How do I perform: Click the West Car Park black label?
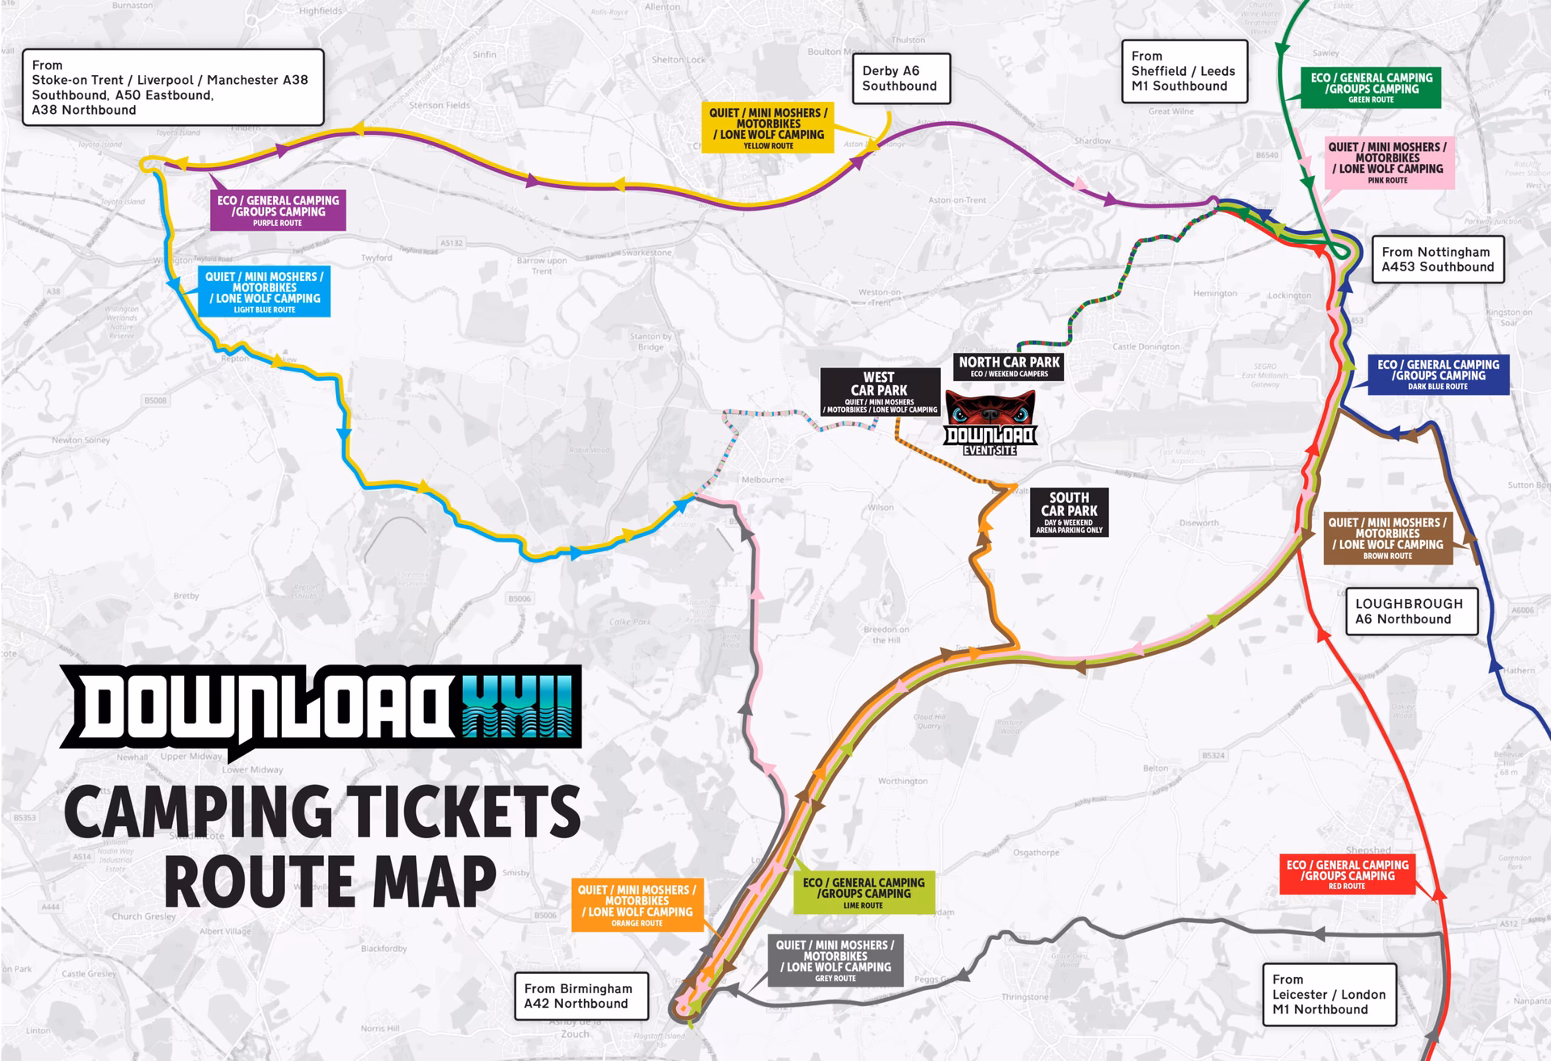[880, 392]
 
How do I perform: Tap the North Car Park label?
[1009, 367]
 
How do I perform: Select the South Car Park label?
[1069, 512]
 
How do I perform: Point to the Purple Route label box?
[278, 210]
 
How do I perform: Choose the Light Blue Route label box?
[264, 291]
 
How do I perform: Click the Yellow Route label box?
[767, 128]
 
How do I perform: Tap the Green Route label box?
[1371, 88]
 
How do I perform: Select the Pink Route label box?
[1387, 162]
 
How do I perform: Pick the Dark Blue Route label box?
[1438, 375]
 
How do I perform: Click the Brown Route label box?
[1387, 538]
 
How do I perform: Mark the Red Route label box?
[1347, 874]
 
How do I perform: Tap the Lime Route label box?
[863, 892]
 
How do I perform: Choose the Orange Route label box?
[637, 904]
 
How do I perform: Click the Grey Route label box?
[834, 960]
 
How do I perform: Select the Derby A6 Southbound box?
[899, 78]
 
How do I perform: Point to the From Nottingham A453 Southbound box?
[1437, 259]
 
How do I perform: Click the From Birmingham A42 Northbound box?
[582, 996]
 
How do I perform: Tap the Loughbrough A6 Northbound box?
[1410, 611]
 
